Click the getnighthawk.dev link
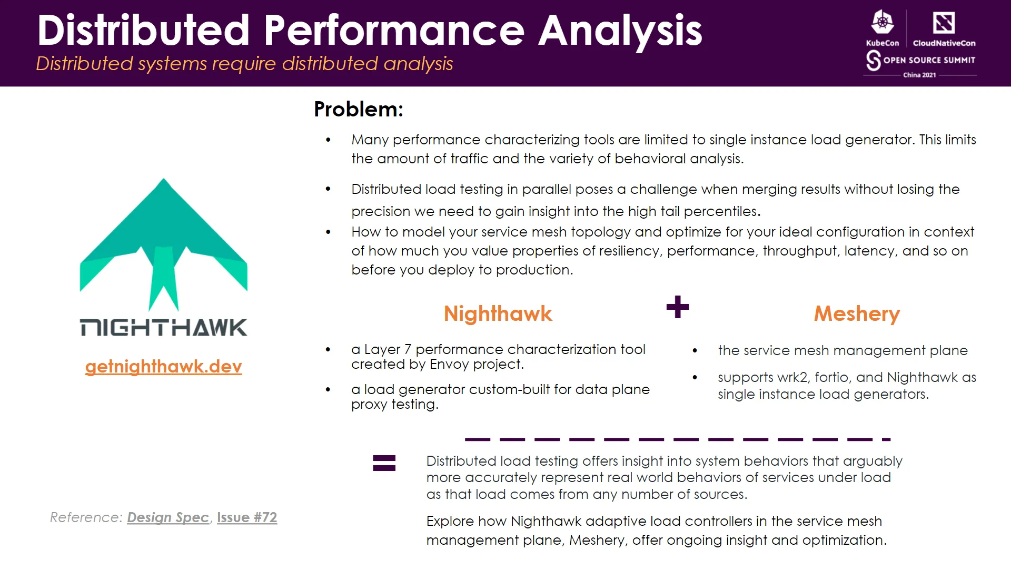(x=163, y=366)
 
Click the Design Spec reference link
(x=168, y=517)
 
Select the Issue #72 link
(x=246, y=517)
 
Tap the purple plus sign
(x=677, y=307)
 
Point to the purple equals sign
(x=384, y=463)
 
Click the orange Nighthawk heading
(x=498, y=313)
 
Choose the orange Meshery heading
(x=857, y=313)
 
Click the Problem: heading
(x=358, y=109)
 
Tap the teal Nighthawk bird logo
(x=163, y=242)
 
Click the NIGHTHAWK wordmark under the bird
(x=163, y=328)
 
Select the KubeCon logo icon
(x=883, y=23)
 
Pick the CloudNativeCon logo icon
(x=944, y=23)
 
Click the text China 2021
(x=919, y=75)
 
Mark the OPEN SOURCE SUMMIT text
(x=929, y=60)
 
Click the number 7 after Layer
(x=407, y=349)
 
